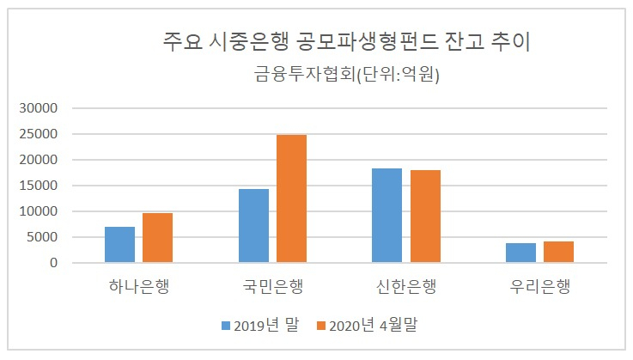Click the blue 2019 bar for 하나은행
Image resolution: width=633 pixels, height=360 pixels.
coord(120,245)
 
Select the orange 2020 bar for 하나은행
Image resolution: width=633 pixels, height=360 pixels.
coord(157,238)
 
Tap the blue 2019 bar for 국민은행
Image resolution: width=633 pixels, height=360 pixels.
coord(253,226)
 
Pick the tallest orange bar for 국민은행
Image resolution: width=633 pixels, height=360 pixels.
coord(291,198)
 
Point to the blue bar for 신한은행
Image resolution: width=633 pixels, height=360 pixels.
coord(386,216)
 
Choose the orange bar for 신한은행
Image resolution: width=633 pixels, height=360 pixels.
coord(425,217)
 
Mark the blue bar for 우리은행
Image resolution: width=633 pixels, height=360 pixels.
coord(520,253)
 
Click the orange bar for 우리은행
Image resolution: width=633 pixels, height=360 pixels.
coord(559,252)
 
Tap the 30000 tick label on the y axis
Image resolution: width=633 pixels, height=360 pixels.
coord(39,108)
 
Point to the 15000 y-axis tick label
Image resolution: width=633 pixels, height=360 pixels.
coord(39,186)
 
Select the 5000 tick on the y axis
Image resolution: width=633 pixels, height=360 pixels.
coord(42,237)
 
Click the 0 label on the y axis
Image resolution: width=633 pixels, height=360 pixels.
coord(54,263)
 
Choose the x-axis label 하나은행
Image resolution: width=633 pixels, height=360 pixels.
coord(139,286)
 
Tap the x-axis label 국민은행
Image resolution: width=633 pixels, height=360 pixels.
coord(273,286)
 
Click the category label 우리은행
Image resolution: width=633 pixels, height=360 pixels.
coord(540,286)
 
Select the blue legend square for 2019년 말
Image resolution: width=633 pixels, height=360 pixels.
coord(226,326)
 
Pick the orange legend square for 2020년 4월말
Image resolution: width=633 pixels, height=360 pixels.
coord(321,326)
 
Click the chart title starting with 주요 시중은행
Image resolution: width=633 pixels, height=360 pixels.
coord(346,41)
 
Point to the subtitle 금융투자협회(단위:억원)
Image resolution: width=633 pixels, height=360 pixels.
coord(346,75)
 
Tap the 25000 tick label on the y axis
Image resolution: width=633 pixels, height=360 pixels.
coord(39,134)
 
